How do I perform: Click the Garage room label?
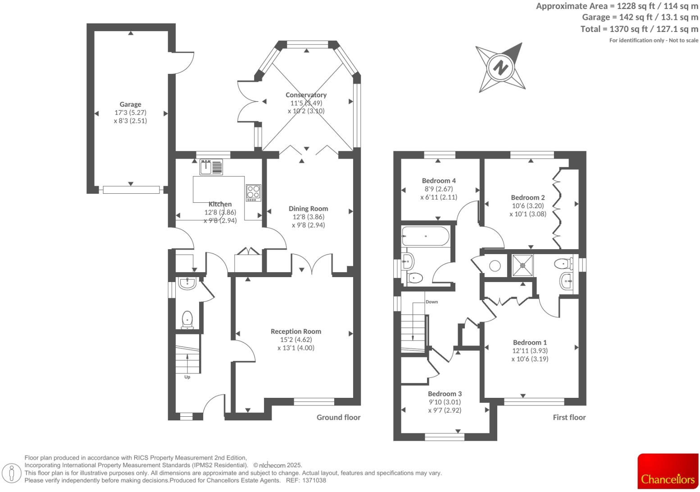(130, 104)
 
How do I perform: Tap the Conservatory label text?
(306, 95)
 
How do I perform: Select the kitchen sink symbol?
(206, 167)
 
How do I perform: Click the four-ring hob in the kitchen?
(253, 193)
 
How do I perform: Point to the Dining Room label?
(308, 209)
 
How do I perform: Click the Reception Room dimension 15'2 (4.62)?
(295, 340)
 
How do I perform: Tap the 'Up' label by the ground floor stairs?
(187, 377)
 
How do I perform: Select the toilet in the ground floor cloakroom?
(187, 319)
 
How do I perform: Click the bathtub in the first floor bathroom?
(425, 236)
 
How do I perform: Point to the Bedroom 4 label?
(439, 181)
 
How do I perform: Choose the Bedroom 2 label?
(527, 197)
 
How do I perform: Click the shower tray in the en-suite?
(523, 265)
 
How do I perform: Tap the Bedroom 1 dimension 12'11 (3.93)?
(530, 351)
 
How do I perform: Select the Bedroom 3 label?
(445, 394)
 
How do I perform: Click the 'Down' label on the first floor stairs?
(432, 302)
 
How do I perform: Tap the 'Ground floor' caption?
(338, 417)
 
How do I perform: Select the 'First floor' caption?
(569, 417)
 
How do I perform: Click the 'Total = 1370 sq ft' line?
(639, 29)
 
